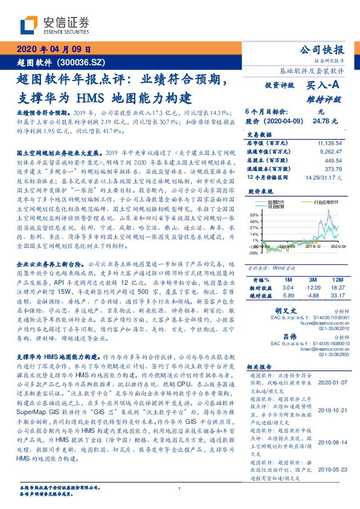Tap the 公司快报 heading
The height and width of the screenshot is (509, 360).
[x=323, y=50]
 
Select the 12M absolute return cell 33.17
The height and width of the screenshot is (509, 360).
[x=336, y=296]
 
